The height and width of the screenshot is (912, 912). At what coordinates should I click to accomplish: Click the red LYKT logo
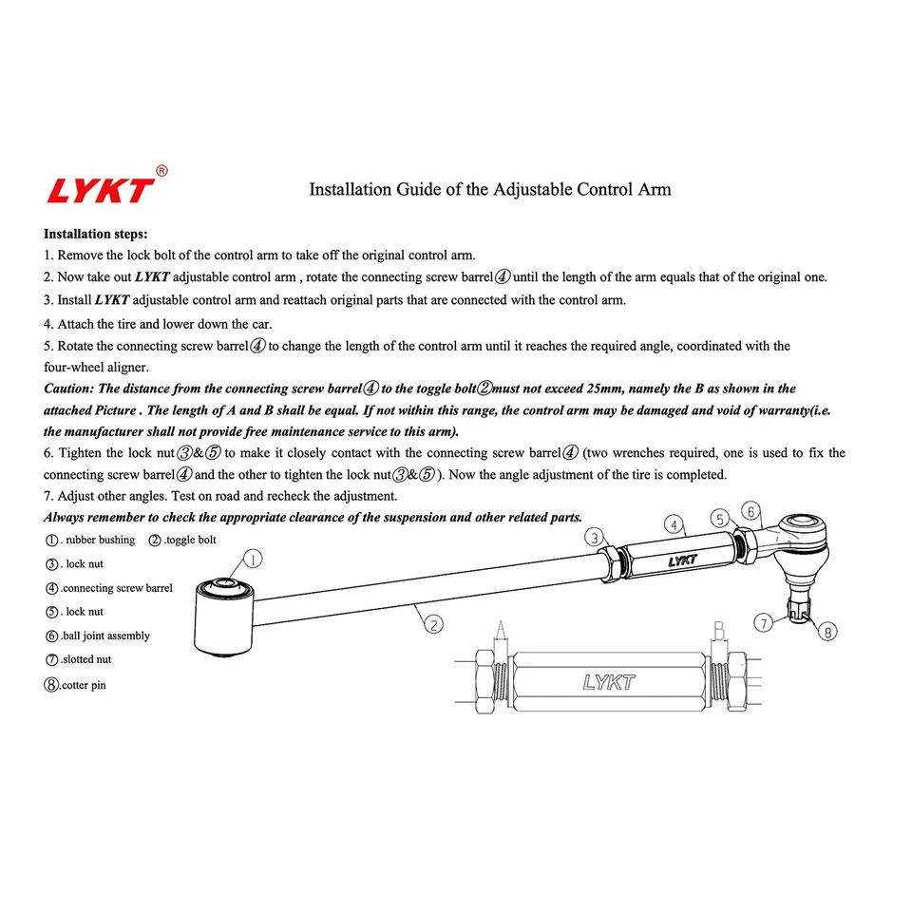click(100, 189)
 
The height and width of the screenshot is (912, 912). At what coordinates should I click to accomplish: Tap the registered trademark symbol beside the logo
click(161, 171)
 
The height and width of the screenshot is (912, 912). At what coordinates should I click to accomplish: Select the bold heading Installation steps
click(95, 234)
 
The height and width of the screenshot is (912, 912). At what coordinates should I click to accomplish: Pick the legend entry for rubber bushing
click(89, 540)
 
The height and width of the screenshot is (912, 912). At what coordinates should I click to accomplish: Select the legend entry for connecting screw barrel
click(108, 588)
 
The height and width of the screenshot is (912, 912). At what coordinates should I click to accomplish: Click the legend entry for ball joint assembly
click(97, 636)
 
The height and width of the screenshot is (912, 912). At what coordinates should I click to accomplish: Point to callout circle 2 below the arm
click(432, 624)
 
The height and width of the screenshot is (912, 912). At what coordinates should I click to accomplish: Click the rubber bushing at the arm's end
click(223, 617)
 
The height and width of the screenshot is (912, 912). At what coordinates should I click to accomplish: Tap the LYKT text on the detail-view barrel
click(608, 682)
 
